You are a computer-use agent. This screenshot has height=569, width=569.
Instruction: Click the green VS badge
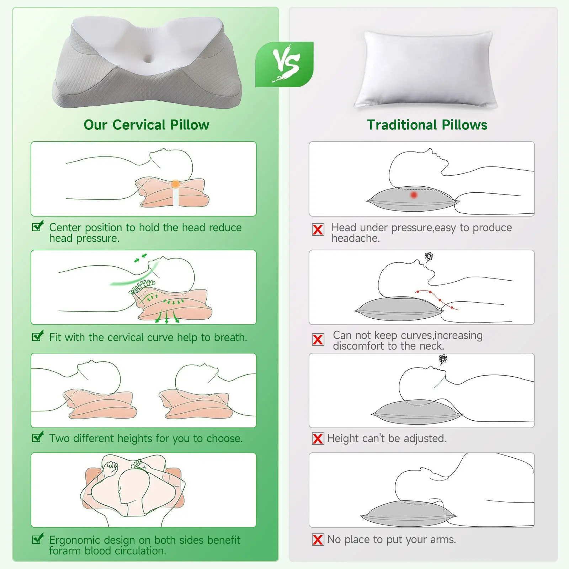point(284,64)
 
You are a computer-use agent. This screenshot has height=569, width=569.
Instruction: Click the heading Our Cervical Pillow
point(147,125)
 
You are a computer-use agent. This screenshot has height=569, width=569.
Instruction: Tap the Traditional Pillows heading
point(427,125)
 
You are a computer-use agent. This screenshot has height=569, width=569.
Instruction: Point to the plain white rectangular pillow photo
point(425,69)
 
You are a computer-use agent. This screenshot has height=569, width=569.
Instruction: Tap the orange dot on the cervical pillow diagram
point(175,184)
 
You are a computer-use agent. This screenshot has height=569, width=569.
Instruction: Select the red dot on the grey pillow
point(414,195)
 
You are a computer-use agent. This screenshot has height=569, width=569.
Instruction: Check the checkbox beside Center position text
point(38,226)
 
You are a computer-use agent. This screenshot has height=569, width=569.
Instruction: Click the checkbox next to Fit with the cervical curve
point(38,335)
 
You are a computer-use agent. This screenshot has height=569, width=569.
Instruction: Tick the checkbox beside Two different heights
point(38,437)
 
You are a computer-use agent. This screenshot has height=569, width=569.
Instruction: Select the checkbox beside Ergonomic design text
point(38,538)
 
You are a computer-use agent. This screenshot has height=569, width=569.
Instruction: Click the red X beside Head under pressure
point(318,230)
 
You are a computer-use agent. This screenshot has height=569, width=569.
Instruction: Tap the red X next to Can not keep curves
point(318,340)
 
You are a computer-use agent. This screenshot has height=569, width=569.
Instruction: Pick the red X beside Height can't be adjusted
point(318,439)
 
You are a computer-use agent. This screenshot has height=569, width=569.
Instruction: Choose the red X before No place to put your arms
point(318,540)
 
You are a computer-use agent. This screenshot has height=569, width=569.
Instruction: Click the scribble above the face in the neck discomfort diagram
point(429,256)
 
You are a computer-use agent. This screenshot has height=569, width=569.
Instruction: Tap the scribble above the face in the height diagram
point(443,359)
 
